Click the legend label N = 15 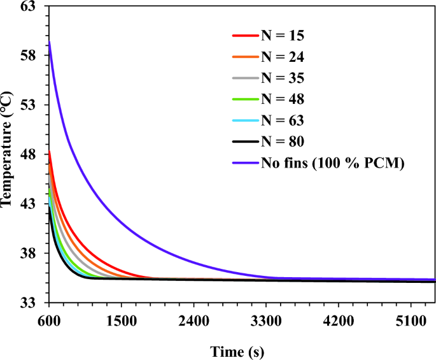pyautogui.click(x=283, y=36)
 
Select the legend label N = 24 pyautogui.click(x=283, y=57)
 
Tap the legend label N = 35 pyautogui.click(x=283, y=78)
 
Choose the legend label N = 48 pyautogui.click(x=283, y=99)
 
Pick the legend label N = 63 pyautogui.click(x=283, y=120)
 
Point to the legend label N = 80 pyautogui.click(x=283, y=141)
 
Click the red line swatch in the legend pyautogui.click(x=246, y=36)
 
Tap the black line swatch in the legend pyautogui.click(x=246, y=141)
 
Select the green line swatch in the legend pyautogui.click(x=246, y=99)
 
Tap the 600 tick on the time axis pyautogui.click(x=49, y=320)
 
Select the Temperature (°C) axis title pyautogui.click(x=8, y=153)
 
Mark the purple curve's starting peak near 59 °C pyautogui.click(x=50, y=41)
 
